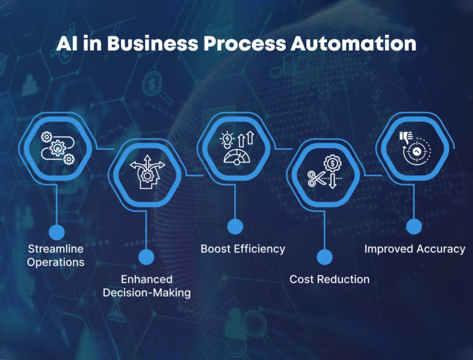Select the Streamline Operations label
point(56,255)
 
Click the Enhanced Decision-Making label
point(146,286)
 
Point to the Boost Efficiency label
point(243,249)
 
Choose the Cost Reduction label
point(329,279)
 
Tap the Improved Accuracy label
point(415,249)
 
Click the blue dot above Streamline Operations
point(56,232)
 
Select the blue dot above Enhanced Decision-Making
point(146,257)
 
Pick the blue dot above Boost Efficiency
point(235,226)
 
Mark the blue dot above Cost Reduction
point(324,257)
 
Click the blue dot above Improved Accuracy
point(413,226)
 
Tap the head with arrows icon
point(146,173)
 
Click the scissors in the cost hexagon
point(315,178)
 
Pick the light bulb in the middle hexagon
point(226,140)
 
